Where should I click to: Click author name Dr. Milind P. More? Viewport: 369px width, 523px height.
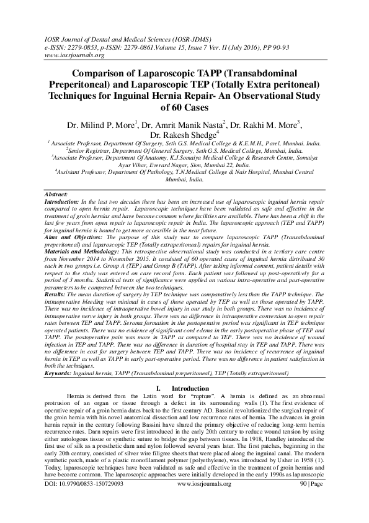[96, 124]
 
